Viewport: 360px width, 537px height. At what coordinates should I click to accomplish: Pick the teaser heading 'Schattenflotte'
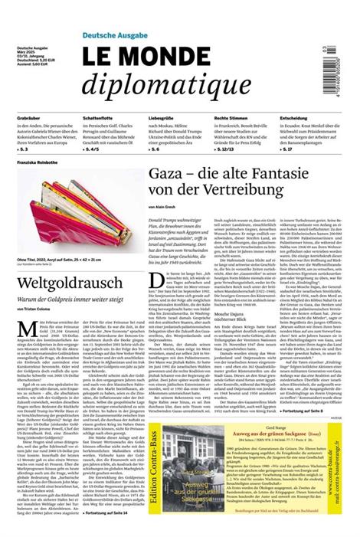tap(98, 117)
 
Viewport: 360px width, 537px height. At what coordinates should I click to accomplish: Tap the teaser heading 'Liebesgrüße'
tap(162, 117)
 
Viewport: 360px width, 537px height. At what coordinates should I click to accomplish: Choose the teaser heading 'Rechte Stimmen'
tap(231, 117)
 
